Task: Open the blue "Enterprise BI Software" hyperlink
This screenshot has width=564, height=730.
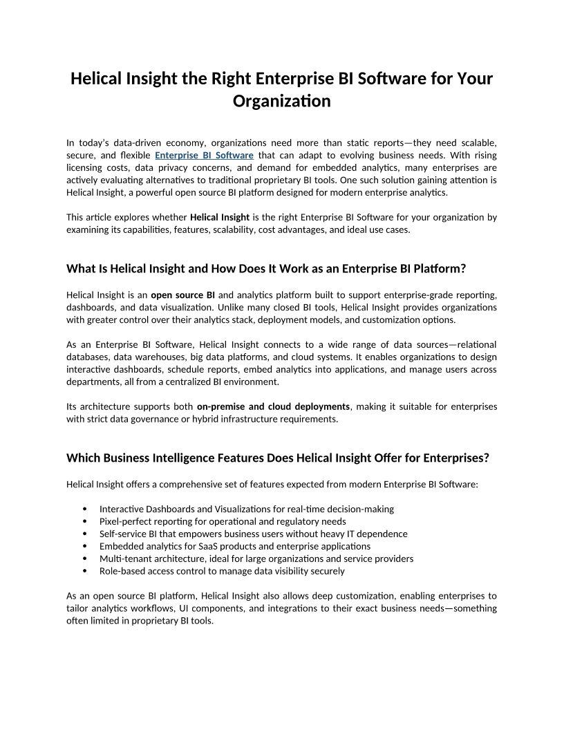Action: (x=204, y=155)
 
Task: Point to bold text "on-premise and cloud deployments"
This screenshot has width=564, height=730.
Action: (x=273, y=406)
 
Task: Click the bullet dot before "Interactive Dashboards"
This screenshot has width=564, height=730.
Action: (x=84, y=509)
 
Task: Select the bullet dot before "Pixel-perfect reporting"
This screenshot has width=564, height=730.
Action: (x=84, y=522)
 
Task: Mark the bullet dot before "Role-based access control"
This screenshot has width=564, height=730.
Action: (x=84, y=572)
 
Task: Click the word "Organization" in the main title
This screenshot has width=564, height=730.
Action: (x=281, y=102)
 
